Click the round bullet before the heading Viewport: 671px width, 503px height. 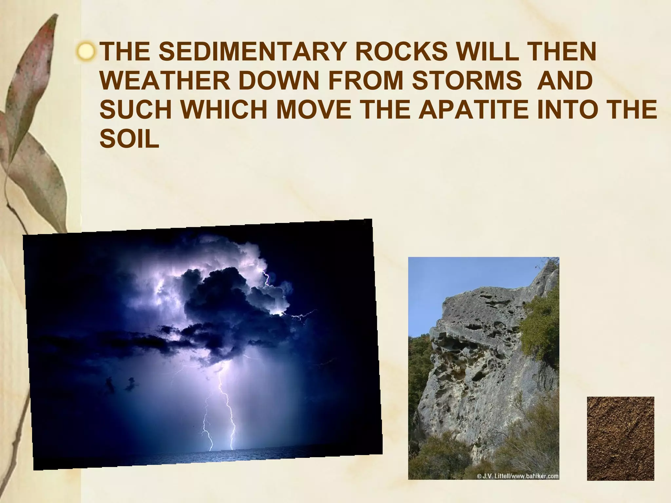pos(87,52)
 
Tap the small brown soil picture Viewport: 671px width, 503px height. pos(620,438)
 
